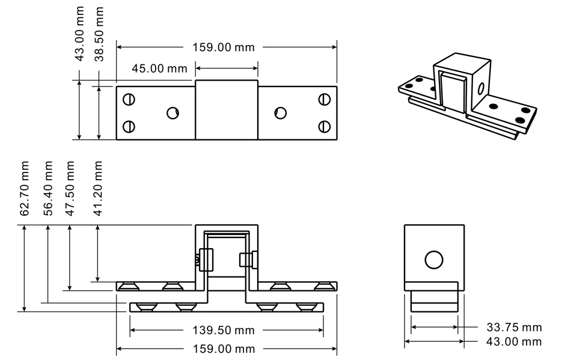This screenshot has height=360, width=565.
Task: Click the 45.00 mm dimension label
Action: point(159,68)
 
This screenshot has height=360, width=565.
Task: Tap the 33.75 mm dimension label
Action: point(514,328)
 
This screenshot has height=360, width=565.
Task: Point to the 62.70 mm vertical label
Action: point(25,188)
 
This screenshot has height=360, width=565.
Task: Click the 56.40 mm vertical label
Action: point(49,188)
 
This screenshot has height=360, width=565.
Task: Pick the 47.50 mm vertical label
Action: point(71,188)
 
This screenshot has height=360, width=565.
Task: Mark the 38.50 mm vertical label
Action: point(100,34)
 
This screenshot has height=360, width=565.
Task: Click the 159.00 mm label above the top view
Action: point(223,47)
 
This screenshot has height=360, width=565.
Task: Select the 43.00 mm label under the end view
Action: point(514,342)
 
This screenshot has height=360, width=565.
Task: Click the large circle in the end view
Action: point(433,260)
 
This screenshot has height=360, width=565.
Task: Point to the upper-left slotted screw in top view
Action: point(129,99)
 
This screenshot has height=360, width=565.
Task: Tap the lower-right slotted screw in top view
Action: point(325,126)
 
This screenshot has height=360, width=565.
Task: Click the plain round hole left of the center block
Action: point(173,112)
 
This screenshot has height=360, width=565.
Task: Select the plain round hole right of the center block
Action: point(279,112)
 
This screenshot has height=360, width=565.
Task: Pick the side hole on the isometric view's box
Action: point(480,90)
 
